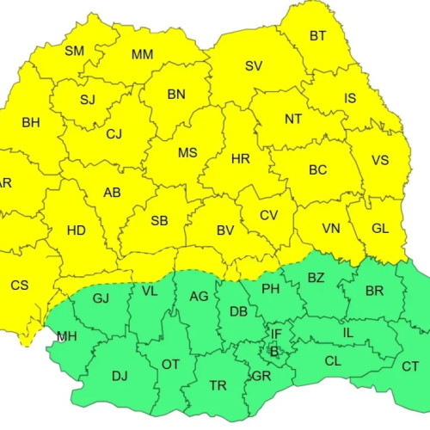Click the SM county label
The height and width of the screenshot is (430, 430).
click(75, 51)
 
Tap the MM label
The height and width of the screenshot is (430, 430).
click(143, 55)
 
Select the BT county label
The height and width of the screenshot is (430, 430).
click(318, 35)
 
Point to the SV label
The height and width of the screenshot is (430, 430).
click(253, 66)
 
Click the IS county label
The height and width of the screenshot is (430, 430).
click(350, 99)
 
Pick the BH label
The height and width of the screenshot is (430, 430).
click(31, 123)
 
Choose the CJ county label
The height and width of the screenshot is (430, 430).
click(114, 133)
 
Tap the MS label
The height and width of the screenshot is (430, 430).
click(187, 153)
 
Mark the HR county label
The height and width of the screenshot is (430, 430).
click(241, 159)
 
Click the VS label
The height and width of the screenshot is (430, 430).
click(380, 161)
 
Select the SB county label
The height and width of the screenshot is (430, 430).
click(159, 221)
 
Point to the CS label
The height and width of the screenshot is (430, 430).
click(20, 285)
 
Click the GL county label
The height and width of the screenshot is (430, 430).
click(381, 229)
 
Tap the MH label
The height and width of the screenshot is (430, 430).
click(65, 336)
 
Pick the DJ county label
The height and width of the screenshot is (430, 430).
click(120, 376)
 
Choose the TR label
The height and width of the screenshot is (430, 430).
click(218, 386)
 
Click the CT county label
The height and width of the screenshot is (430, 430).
click(411, 366)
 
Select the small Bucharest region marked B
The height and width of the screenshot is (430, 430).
click(274, 351)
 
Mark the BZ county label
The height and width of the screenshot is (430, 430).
click(316, 277)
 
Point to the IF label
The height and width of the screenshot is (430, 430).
click(276, 334)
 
